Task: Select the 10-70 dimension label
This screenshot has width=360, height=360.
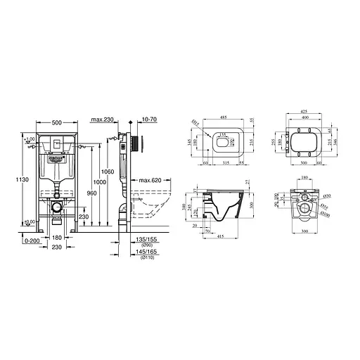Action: (148, 121)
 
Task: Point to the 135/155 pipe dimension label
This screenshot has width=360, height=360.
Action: (146, 239)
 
